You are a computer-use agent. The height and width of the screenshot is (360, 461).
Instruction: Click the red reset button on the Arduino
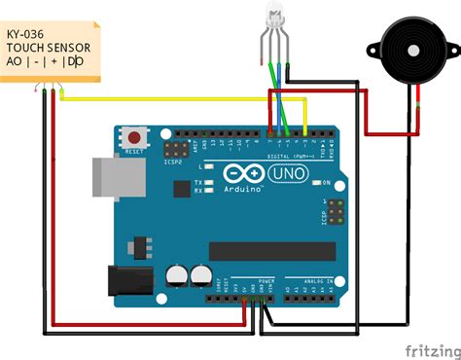pyautogui.click(x=133, y=137)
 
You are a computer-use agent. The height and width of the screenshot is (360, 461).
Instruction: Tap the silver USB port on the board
pyautogui.click(x=111, y=179)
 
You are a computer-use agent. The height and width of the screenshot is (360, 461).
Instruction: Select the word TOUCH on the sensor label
pyautogui.click(x=27, y=46)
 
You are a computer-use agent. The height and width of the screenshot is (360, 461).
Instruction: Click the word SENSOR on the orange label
pyautogui.click(x=70, y=46)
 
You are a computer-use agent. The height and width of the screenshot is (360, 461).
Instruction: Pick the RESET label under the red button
pyautogui.click(x=133, y=152)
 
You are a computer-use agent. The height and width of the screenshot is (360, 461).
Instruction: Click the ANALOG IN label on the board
pyautogui.click(x=314, y=279)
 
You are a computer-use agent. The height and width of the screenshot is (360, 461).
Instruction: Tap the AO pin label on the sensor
pyautogui.click(x=14, y=61)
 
